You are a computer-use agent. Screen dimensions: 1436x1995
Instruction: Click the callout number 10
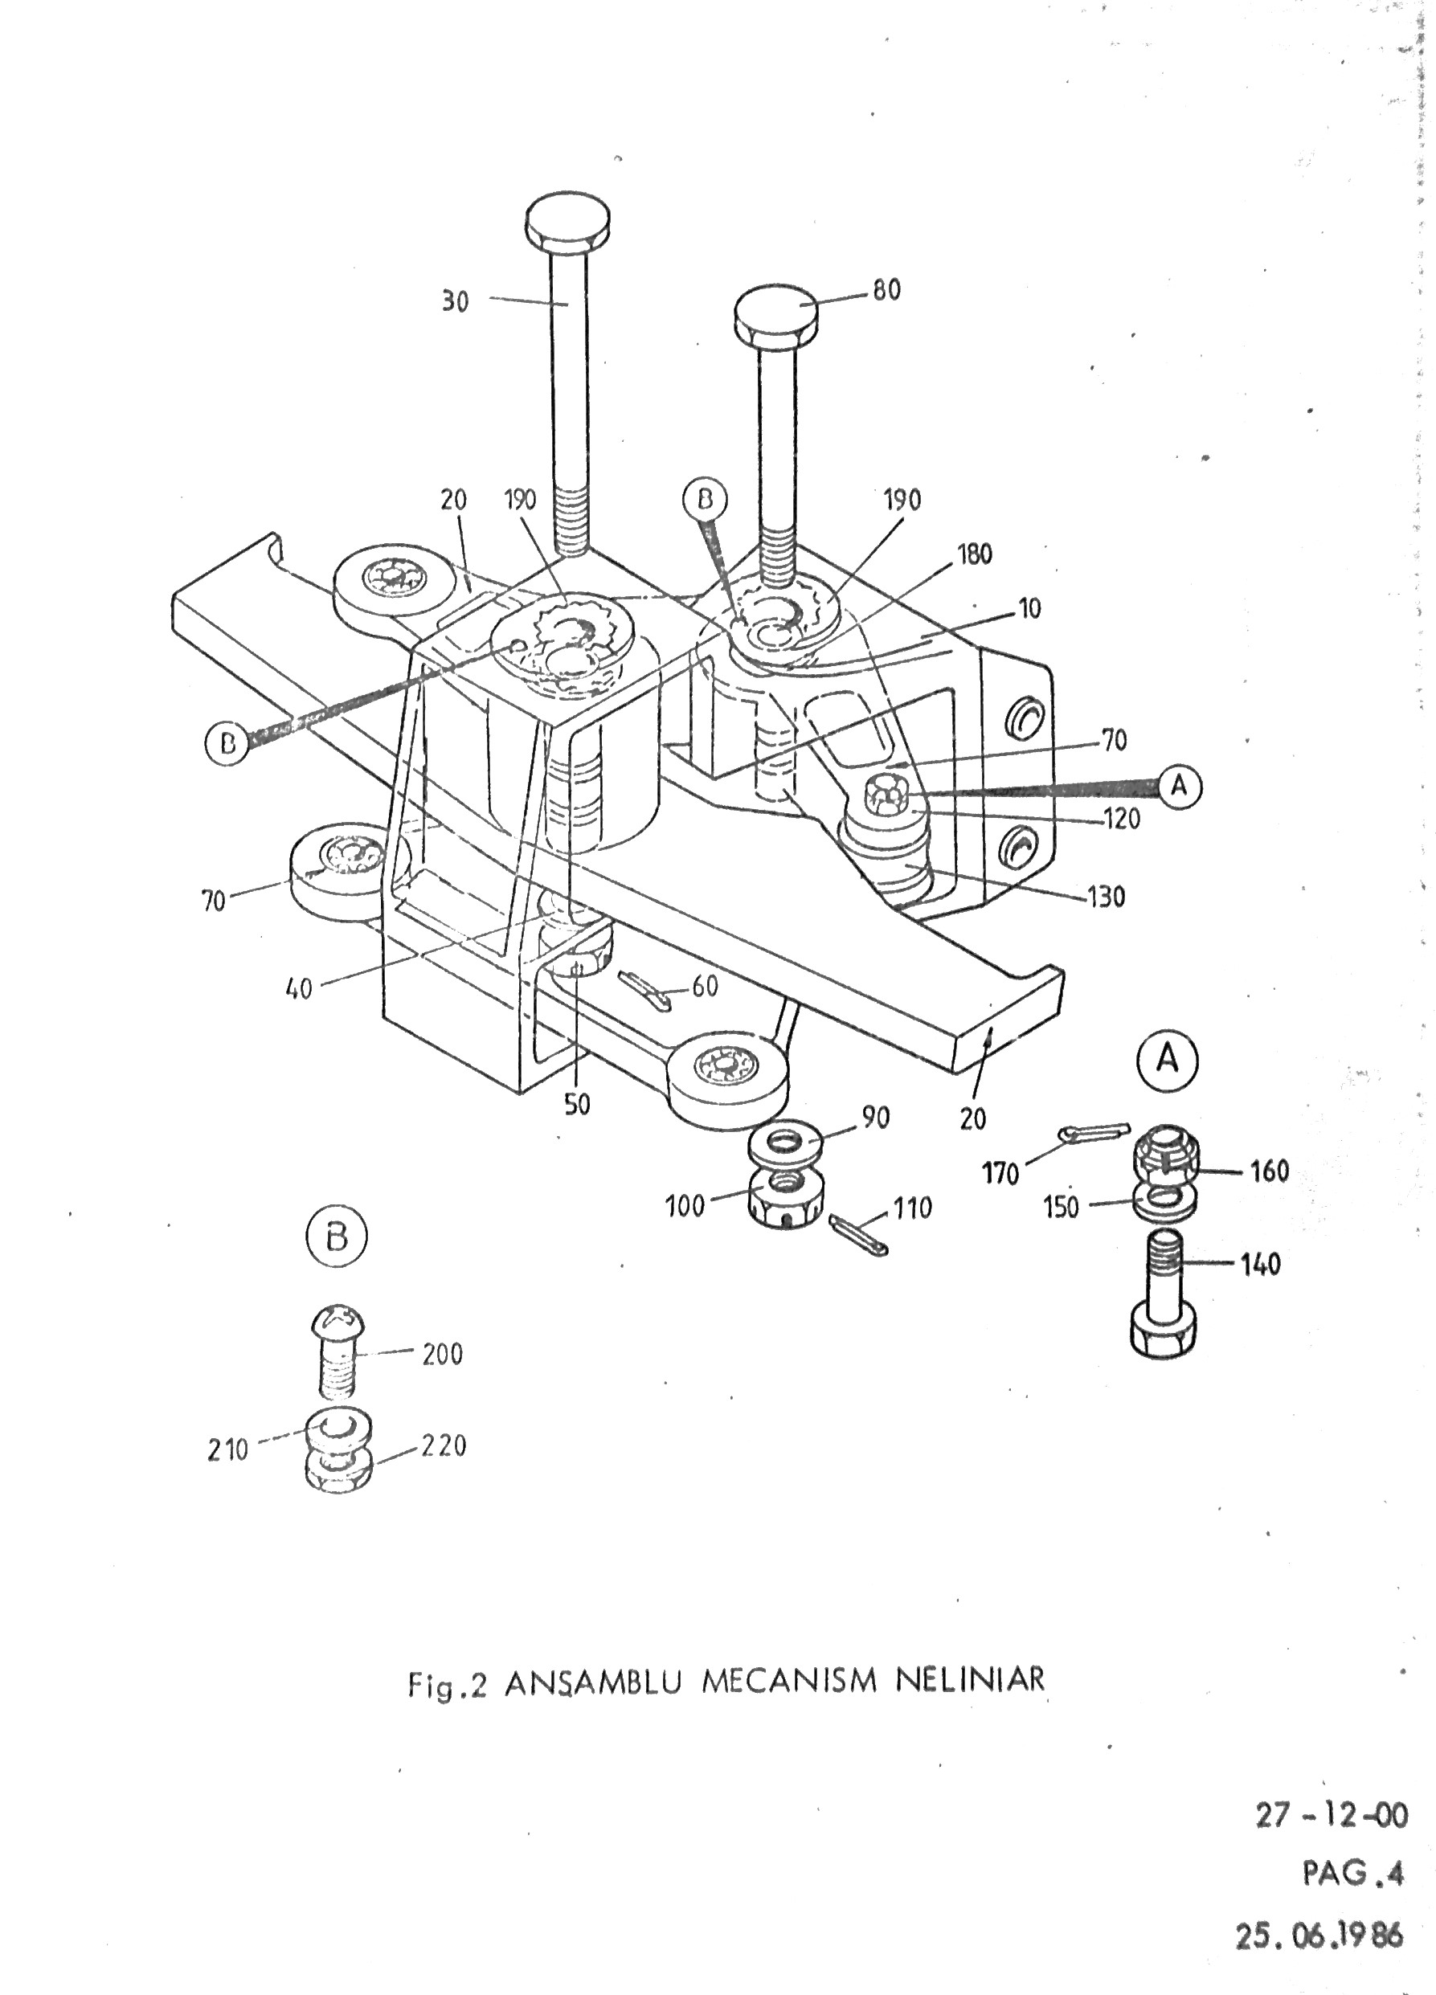pos(1029,608)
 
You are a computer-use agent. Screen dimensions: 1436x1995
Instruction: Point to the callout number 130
pos(1105,897)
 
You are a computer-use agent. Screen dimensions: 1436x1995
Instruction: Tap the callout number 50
pos(577,1105)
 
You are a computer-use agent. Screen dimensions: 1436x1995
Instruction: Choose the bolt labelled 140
pos(1160,1306)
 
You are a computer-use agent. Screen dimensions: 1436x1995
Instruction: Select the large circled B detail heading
pos(336,1237)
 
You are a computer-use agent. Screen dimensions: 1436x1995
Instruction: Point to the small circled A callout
pos(1179,786)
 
